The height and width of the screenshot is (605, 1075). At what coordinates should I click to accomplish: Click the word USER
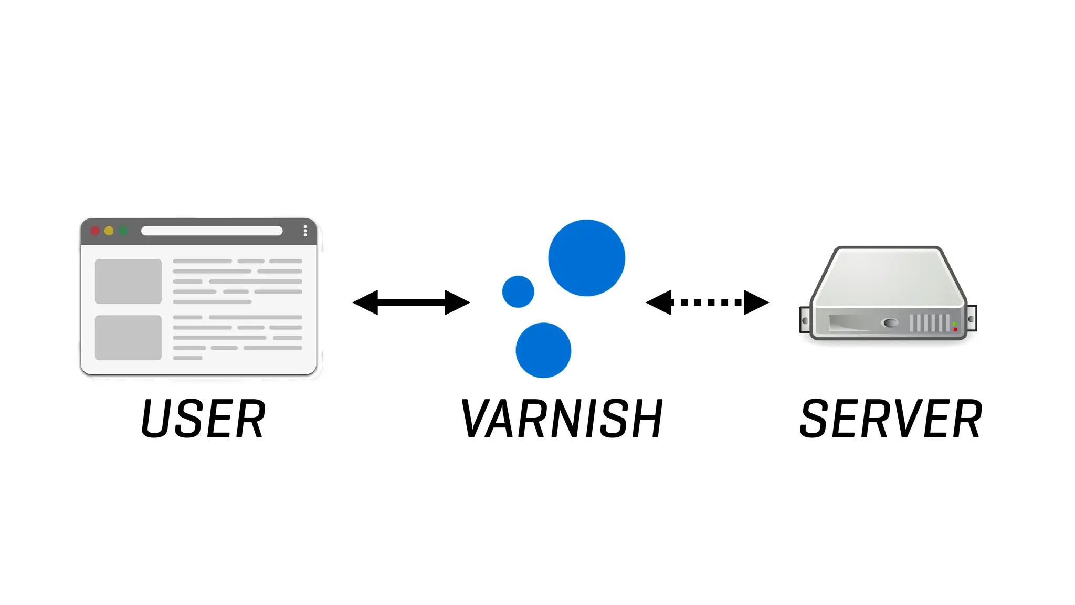(x=203, y=419)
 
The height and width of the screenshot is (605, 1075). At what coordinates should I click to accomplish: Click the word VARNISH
(x=562, y=419)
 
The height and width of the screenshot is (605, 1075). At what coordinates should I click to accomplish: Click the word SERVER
(x=891, y=419)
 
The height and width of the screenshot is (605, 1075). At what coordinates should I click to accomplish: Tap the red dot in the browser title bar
(x=95, y=231)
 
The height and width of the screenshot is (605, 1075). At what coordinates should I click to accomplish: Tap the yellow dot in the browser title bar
(x=109, y=231)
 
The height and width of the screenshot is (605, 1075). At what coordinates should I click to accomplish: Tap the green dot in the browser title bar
(x=123, y=231)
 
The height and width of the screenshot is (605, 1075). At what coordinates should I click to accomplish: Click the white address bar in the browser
(x=212, y=231)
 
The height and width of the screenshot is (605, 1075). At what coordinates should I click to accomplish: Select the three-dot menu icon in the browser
(x=305, y=231)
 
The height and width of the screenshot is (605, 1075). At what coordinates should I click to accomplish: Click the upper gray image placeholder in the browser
(x=128, y=281)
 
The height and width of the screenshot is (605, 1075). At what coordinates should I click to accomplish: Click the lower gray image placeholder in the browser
(x=128, y=337)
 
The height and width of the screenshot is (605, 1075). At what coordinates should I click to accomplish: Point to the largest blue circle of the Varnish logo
(x=586, y=258)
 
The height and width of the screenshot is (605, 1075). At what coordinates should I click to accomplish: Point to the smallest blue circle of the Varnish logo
(x=518, y=291)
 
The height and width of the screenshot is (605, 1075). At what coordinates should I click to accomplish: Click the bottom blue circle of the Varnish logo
(x=543, y=350)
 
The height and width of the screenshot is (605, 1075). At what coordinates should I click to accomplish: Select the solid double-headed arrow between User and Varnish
(x=411, y=302)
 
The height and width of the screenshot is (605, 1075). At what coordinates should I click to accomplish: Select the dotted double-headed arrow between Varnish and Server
(x=707, y=302)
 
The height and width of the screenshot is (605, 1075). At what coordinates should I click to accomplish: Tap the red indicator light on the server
(x=955, y=329)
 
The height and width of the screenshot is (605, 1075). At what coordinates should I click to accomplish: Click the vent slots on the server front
(x=929, y=322)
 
